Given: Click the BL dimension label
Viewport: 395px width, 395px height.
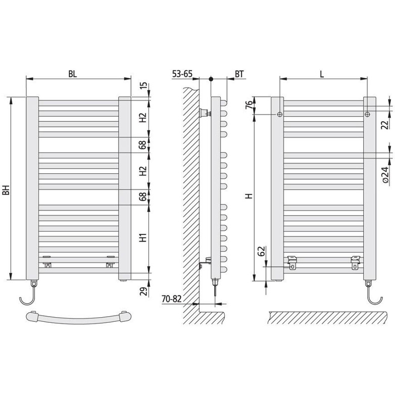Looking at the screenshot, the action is coord(73,74).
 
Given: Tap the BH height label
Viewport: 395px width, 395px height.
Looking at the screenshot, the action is coord(6,190).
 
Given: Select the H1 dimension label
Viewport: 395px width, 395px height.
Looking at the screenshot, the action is coord(143,237).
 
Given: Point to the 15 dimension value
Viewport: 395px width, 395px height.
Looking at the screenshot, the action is coord(143,85).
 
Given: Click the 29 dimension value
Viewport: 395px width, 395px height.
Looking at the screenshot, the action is coord(143,291).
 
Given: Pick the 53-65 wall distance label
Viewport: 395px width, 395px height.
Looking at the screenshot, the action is coord(182,74).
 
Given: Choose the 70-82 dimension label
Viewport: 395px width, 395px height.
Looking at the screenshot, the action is coord(172,299).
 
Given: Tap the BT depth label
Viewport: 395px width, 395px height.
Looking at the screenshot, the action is coord(239,74).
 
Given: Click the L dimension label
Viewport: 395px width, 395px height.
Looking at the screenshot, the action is coord(322,74).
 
